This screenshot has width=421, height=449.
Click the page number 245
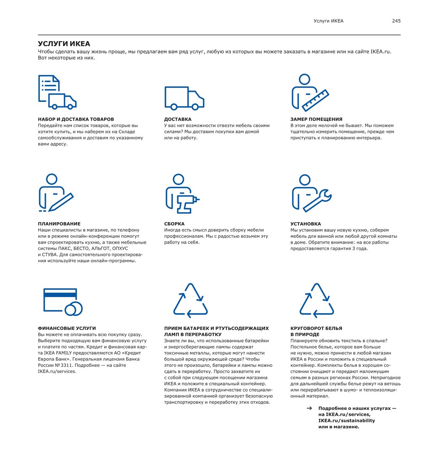point(396,21)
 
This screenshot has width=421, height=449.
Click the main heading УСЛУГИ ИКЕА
point(64,44)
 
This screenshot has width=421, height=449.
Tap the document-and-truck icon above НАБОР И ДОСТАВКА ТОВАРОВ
point(57,92)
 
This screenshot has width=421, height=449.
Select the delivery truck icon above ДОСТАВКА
point(184,98)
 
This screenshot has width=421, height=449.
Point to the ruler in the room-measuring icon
point(316,99)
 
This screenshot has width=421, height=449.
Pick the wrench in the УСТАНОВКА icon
point(318,201)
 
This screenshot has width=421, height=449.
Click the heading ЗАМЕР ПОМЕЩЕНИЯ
point(316,120)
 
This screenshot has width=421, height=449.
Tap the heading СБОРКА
point(174,224)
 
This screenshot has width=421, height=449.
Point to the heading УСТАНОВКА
point(306,224)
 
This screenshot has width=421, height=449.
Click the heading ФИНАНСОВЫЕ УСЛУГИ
point(67,328)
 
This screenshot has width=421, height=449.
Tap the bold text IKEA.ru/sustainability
point(346,420)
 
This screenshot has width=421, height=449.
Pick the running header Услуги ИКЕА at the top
point(328,21)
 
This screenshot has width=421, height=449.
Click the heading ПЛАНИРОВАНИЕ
point(59,224)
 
